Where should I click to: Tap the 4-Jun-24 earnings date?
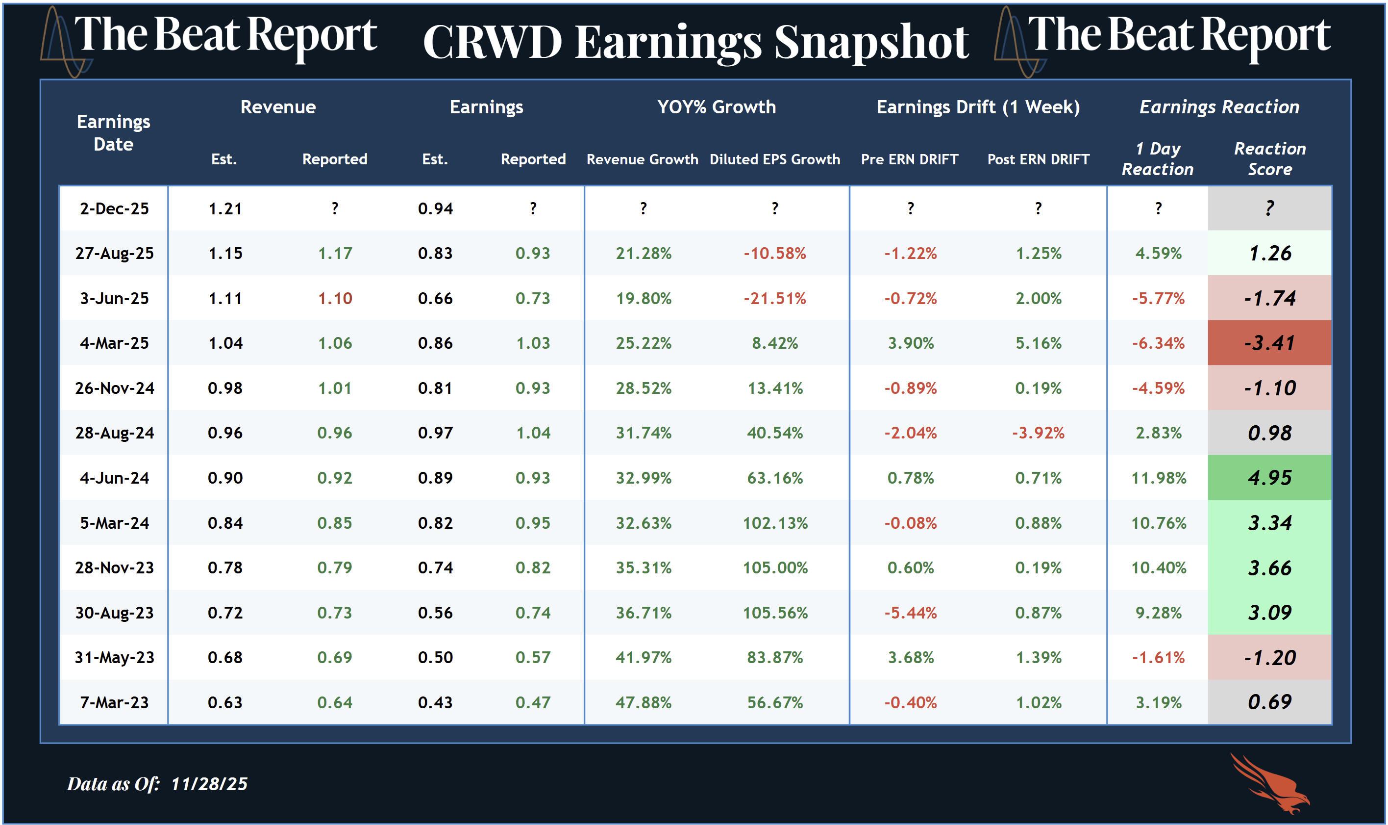click(x=114, y=478)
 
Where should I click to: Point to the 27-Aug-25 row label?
click(x=114, y=254)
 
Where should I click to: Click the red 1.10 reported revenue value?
click(x=335, y=299)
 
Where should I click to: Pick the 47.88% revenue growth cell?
click(x=643, y=702)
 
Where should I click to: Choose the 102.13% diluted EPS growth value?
click(x=775, y=522)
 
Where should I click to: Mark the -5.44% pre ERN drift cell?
click(x=910, y=613)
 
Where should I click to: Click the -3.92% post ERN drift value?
click(x=1038, y=433)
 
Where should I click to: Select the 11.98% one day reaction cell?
click(x=1159, y=478)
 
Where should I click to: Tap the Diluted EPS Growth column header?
click(x=775, y=159)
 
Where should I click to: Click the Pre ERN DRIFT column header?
click(x=910, y=159)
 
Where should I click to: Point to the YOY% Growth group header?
click(x=717, y=107)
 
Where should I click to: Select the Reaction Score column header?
click(x=1270, y=159)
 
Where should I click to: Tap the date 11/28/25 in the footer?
click(x=209, y=784)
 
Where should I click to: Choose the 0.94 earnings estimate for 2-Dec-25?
click(x=435, y=209)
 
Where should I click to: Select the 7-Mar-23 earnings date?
click(x=114, y=702)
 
